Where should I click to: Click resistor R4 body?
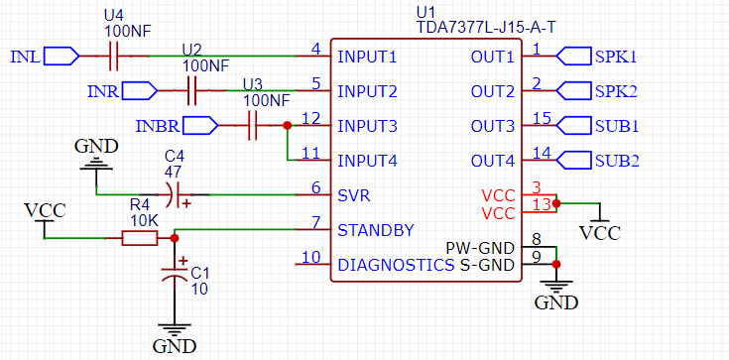(x=138, y=238)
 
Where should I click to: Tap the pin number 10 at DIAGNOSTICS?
(x=311, y=258)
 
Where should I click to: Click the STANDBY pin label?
(x=376, y=230)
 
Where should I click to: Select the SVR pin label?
(x=355, y=195)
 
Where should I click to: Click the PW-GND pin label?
(x=480, y=247)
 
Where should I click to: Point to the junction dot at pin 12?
(x=287, y=126)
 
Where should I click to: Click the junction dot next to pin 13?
(x=556, y=203)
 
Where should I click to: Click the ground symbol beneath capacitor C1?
(x=175, y=332)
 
